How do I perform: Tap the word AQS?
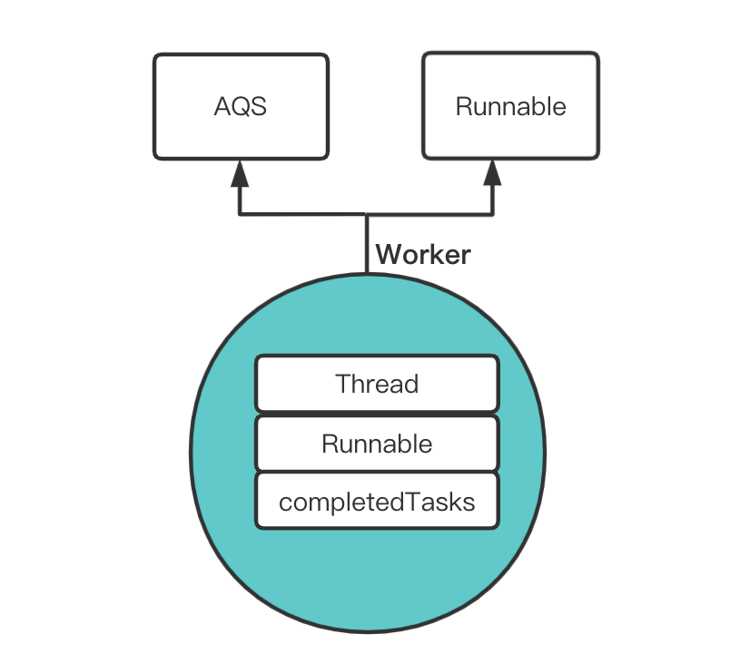tap(240, 107)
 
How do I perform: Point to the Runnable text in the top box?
tap(510, 107)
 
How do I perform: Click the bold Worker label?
tap(423, 255)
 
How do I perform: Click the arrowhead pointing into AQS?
tap(240, 172)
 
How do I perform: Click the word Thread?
tap(377, 384)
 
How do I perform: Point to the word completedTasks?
tap(377, 502)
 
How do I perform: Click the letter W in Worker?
tap(387, 255)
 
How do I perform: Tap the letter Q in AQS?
tap(240, 107)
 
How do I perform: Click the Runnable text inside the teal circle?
tap(377, 444)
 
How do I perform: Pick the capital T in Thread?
tap(343, 384)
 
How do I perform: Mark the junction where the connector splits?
tap(367, 215)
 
